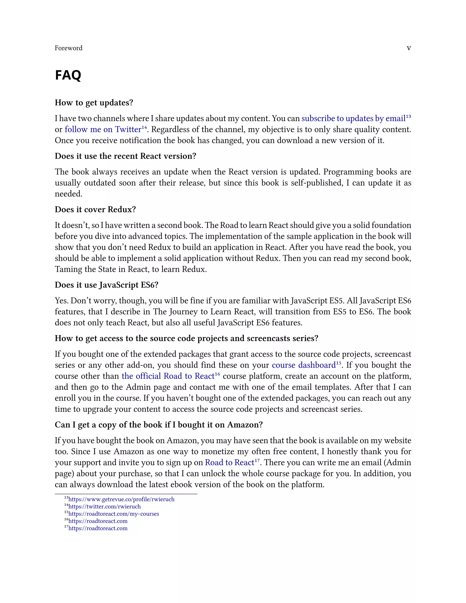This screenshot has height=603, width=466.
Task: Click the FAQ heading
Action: pos(68,75)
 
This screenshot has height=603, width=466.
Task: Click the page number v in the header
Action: pos(409,48)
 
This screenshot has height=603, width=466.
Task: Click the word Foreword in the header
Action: pos(68,48)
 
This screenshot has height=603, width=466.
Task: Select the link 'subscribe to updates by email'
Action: pos(353,119)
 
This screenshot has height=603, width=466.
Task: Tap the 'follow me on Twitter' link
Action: pos(103,129)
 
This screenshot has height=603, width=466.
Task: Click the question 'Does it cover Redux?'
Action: pos(95,209)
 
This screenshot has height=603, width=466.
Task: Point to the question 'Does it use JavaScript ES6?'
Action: pos(106,285)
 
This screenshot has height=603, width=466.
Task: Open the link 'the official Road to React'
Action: pos(168,376)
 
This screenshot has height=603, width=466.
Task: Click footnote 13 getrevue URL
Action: pos(121,499)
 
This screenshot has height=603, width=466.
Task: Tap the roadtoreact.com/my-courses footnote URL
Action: pos(114,514)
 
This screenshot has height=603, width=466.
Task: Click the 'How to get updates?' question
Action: pos(94,103)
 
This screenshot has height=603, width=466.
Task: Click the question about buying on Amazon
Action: pos(159,425)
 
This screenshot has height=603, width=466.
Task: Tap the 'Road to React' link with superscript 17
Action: pos(229,462)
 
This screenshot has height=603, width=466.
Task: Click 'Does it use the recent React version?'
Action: pos(125,156)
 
